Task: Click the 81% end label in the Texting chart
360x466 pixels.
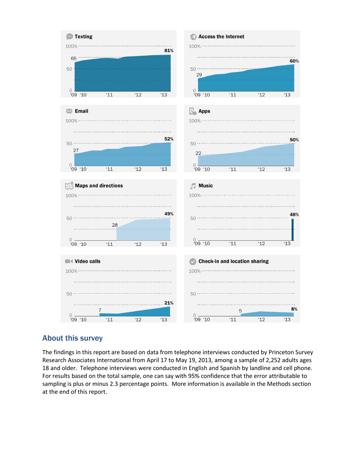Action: [169, 50]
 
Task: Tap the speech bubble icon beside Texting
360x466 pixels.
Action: [70, 37]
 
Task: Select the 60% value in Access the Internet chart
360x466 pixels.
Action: [294, 61]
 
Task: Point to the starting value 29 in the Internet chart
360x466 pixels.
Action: [199, 75]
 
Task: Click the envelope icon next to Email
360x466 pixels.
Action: [69, 111]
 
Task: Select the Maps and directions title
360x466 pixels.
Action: [99, 186]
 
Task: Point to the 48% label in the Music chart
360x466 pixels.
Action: [294, 214]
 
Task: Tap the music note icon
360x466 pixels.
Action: [193, 186]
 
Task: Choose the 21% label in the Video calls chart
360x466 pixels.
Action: [169, 303]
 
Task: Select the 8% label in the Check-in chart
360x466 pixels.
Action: [294, 309]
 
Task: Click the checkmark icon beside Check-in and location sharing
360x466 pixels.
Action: [193, 261]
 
